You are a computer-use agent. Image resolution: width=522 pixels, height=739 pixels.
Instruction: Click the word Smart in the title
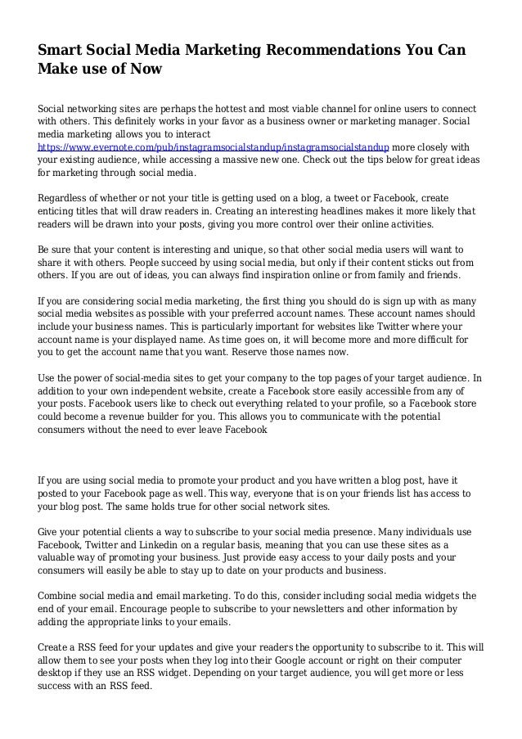tap(62, 51)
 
